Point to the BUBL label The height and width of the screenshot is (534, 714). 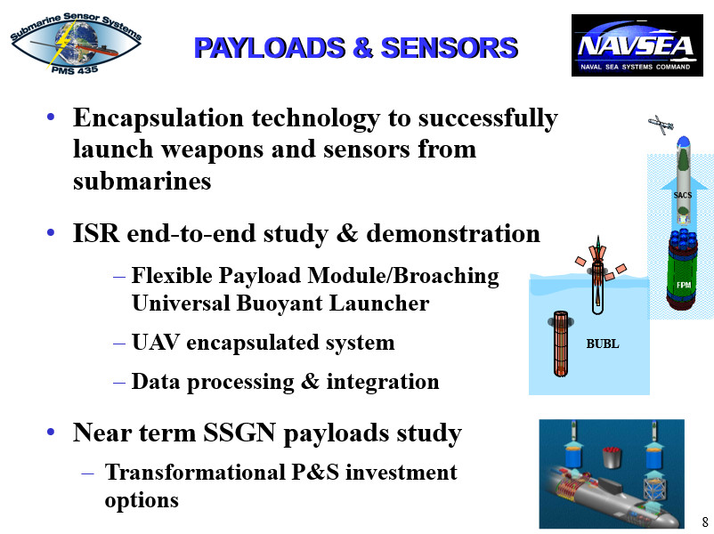pyautogui.click(x=602, y=343)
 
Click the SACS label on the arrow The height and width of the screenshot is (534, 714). pyautogui.click(x=682, y=195)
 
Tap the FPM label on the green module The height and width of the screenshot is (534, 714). pyautogui.click(x=683, y=285)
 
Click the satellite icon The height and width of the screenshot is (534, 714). pyautogui.click(x=660, y=125)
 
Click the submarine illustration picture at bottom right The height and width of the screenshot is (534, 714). pyautogui.click(x=611, y=473)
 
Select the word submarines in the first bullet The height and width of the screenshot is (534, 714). pyautogui.click(x=142, y=182)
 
